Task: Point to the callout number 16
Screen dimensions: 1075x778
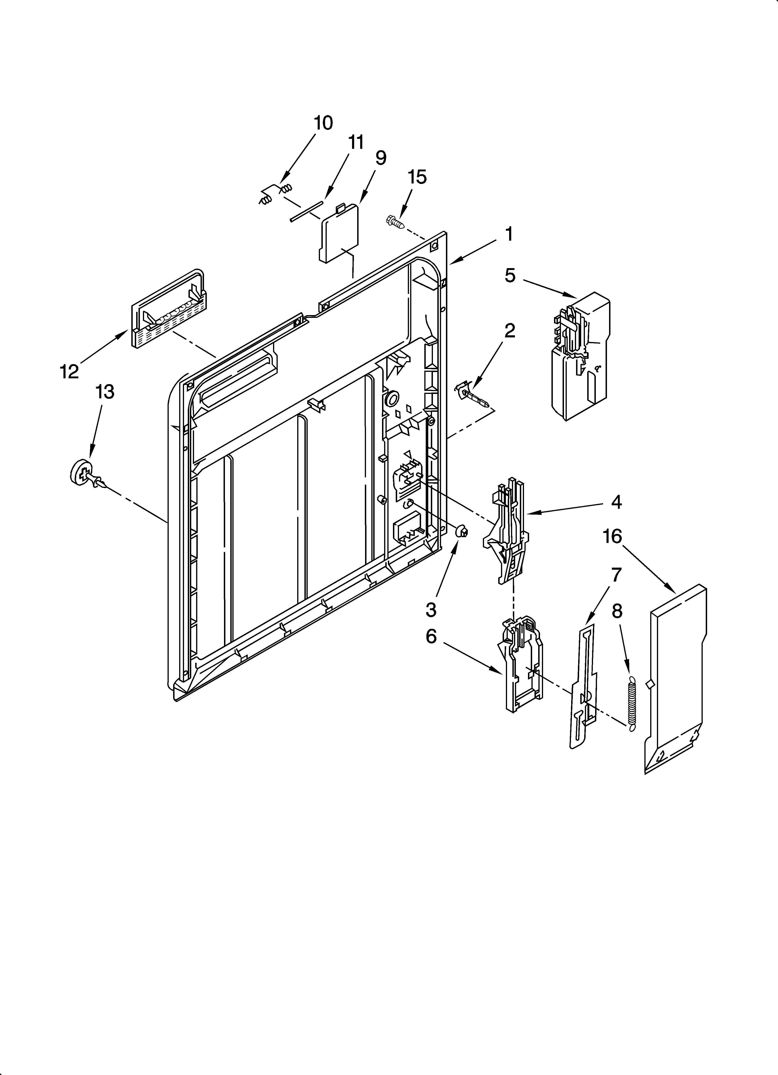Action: [612, 536]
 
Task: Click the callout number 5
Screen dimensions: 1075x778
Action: [510, 275]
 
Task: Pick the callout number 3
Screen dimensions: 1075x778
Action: [431, 610]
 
